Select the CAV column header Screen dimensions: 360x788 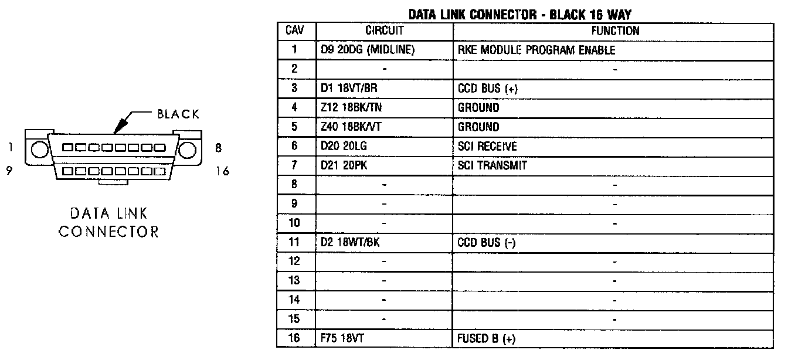295,30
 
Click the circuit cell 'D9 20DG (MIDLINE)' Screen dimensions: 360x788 368,50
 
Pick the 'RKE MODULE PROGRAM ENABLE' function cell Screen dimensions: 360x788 536,50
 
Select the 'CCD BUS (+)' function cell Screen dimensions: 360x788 487,89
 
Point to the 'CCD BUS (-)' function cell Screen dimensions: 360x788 486,242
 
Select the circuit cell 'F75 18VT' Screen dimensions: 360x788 345,338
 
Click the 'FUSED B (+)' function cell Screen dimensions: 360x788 487,338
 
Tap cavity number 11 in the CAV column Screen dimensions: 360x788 295,242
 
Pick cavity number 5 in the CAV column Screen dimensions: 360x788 295,127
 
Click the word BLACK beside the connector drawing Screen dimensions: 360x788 178,114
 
